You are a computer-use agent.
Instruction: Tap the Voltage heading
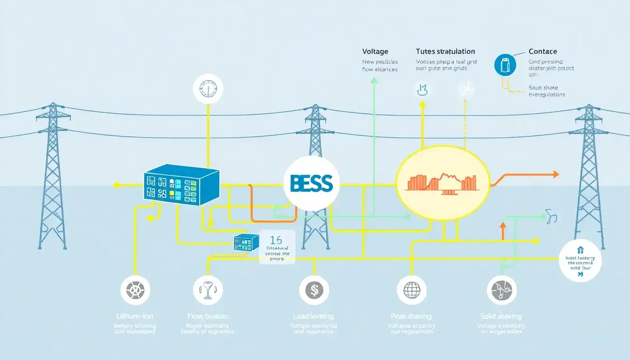375,52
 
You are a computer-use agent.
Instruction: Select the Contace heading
543,52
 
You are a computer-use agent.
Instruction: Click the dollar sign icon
314,290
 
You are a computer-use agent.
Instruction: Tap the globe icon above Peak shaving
412,290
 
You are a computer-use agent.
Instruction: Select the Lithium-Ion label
135,316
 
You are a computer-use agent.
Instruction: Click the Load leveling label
314,316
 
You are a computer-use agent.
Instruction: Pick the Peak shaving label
411,316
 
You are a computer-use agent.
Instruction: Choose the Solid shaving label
501,316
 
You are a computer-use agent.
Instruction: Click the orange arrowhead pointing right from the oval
556,174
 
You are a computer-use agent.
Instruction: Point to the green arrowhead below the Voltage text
374,80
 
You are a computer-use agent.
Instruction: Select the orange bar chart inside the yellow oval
442,182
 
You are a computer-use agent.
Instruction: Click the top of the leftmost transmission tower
53,105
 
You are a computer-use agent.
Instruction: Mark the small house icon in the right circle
580,250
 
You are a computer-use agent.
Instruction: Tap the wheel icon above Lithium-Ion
135,290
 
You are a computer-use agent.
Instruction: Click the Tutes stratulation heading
445,52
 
